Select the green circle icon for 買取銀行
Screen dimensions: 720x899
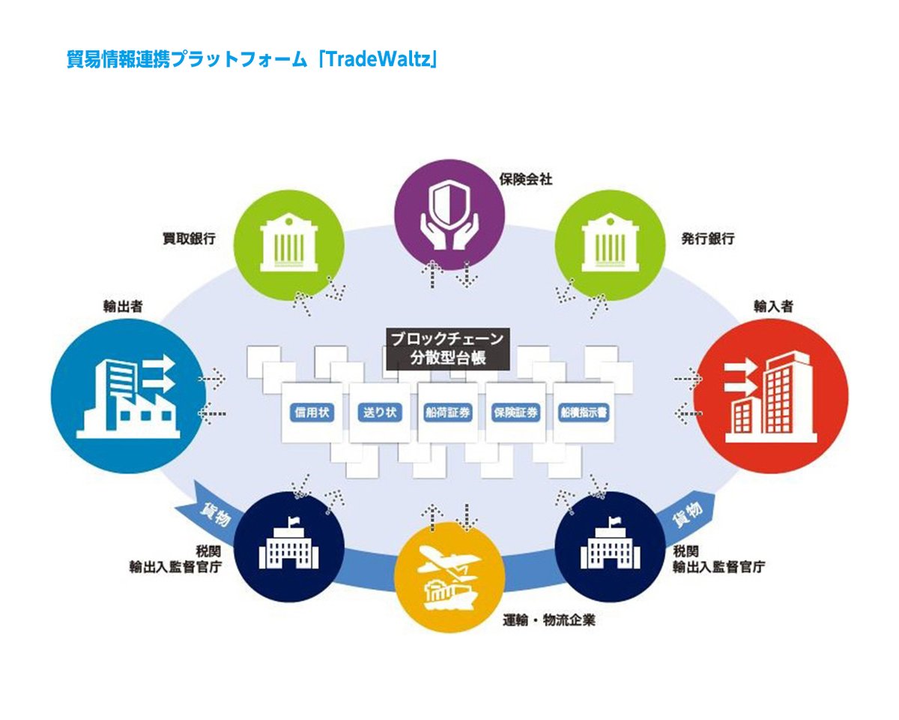pos(287,240)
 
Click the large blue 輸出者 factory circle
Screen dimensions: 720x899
pos(128,397)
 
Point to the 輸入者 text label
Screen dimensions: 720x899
pos(773,307)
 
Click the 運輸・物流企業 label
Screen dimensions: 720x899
pos(550,620)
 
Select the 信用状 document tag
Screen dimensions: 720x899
pos(313,412)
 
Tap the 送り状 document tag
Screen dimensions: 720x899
pos(381,412)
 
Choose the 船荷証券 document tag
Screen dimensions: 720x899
pos(448,412)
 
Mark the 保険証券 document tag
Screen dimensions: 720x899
pos(515,412)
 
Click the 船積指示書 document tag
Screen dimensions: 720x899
pos(583,412)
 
